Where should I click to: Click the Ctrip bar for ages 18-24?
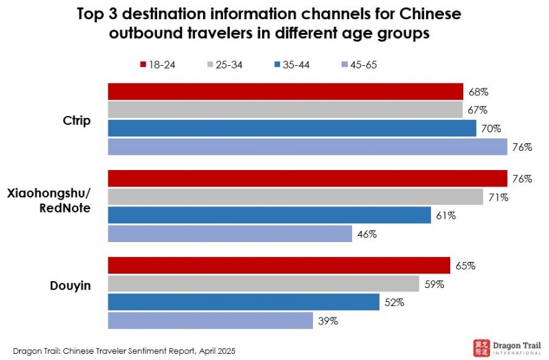pos(285,92)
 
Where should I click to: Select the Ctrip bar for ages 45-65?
pos(307,147)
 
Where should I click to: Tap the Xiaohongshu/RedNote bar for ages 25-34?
pos(295,197)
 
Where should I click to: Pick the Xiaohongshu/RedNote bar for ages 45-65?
pos(230,234)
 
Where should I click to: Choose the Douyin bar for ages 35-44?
pos(244,302)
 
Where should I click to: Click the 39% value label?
pos(327,321)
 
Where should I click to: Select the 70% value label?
pos(491,128)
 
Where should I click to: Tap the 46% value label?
pos(366,234)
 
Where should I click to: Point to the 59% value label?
pos(434,285)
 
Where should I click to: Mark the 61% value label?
pos(445,215)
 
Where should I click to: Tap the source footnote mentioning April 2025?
pos(124,350)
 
